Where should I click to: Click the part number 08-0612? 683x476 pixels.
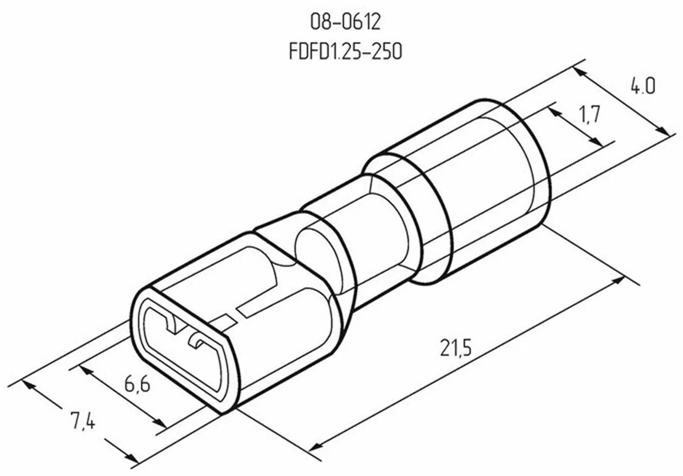coord(345,21)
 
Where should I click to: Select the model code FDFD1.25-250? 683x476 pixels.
coord(345,51)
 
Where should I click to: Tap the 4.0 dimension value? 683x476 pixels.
coord(642,86)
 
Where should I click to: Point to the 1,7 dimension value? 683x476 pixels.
coord(590,114)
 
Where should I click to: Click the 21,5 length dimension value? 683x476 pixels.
coord(456,348)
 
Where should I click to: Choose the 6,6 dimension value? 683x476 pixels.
coord(137,384)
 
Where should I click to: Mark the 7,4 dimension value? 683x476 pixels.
coord(83,421)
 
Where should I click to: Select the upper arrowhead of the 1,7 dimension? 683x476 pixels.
coord(554,112)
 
